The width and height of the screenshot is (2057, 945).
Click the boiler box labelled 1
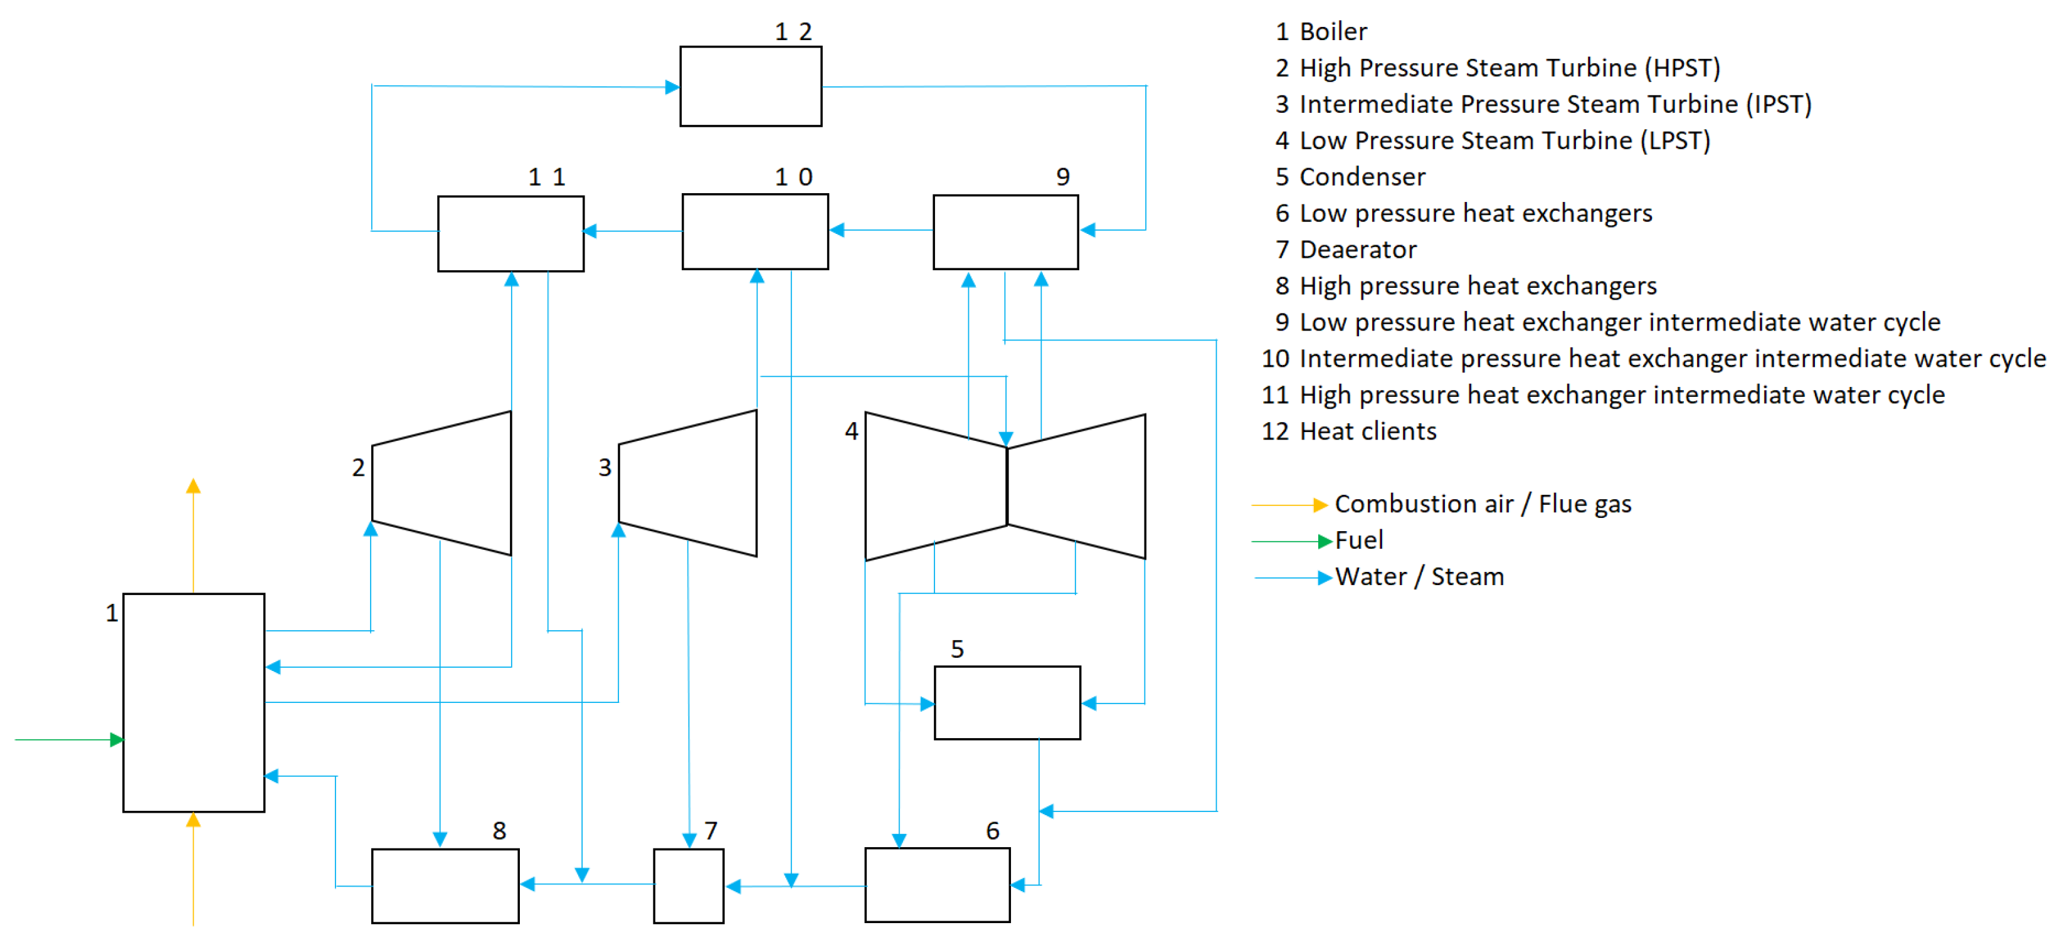193,702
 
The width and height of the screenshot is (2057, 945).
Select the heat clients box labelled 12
751,86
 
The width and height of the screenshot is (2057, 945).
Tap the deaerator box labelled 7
689,886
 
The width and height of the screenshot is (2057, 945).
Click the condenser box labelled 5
1007,702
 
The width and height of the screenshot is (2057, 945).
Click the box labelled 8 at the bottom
445,886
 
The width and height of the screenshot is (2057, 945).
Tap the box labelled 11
510,233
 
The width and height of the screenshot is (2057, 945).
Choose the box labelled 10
754,231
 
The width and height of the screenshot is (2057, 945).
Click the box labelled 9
1005,231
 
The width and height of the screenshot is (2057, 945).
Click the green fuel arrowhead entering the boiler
117,740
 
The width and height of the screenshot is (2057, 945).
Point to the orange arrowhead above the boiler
193,486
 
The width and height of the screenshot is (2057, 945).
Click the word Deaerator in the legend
1358,250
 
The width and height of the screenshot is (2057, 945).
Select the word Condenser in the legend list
1362,177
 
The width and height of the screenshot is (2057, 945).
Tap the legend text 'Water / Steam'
1419,577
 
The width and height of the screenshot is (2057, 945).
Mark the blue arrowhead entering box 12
672,87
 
